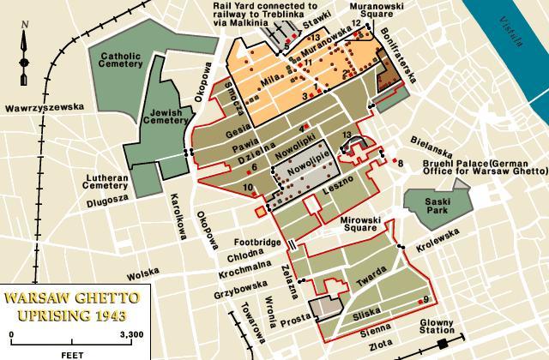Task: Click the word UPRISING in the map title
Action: (47, 315)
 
